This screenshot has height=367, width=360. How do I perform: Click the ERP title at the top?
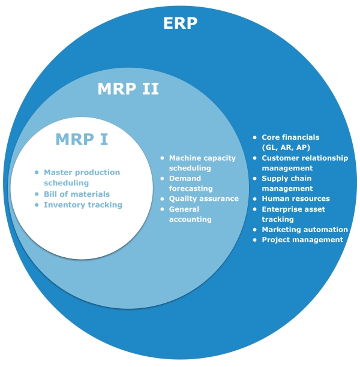click(180, 23)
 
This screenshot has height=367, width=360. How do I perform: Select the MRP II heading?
click(128, 89)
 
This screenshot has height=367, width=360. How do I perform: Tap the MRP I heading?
click(82, 139)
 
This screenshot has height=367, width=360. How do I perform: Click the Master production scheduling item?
click(82, 178)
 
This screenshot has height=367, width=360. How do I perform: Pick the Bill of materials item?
click(76, 194)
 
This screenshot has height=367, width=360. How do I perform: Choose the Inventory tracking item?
click(82, 204)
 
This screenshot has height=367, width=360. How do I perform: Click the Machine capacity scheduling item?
click(202, 163)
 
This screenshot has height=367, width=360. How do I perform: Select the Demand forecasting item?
click(190, 183)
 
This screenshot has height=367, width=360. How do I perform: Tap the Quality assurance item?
click(203, 198)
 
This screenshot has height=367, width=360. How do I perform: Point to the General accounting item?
click(190, 214)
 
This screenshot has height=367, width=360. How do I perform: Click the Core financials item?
click(290, 137)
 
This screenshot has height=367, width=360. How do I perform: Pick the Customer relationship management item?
click(304, 163)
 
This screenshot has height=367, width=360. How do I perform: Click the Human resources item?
click(295, 198)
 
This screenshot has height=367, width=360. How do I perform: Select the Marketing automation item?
click(304, 229)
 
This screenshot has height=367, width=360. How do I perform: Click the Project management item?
click(302, 239)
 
